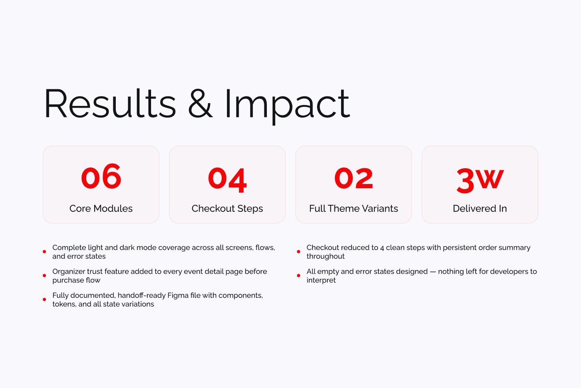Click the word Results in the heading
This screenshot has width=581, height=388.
(x=110, y=104)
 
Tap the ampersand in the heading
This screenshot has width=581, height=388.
(x=200, y=104)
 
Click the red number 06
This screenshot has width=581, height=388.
(x=101, y=177)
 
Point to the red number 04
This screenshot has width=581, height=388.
(x=227, y=179)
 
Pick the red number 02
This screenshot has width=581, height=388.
(x=354, y=178)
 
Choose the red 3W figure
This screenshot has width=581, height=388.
(x=480, y=180)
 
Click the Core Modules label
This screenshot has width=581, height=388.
(x=101, y=209)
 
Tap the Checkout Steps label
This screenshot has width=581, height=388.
(x=227, y=209)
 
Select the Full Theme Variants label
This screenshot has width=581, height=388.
(x=354, y=209)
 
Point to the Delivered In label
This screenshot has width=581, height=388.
(x=480, y=209)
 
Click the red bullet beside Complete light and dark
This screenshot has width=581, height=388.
(x=44, y=252)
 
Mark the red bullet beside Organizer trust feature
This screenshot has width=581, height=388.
(x=44, y=275)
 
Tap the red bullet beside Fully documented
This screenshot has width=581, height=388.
(x=44, y=300)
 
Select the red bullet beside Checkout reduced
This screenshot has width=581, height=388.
(x=298, y=252)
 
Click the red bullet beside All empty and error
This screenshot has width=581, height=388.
(x=298, y=275)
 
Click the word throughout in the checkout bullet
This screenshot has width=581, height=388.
(x=325, y=256)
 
